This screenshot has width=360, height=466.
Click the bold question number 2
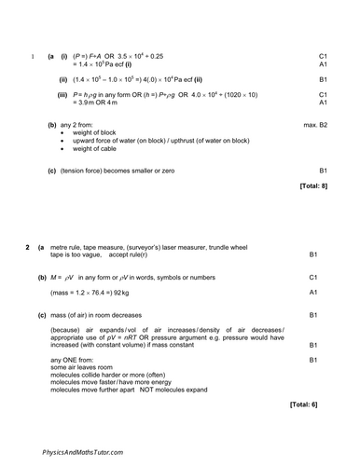[x=27, y=246]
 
